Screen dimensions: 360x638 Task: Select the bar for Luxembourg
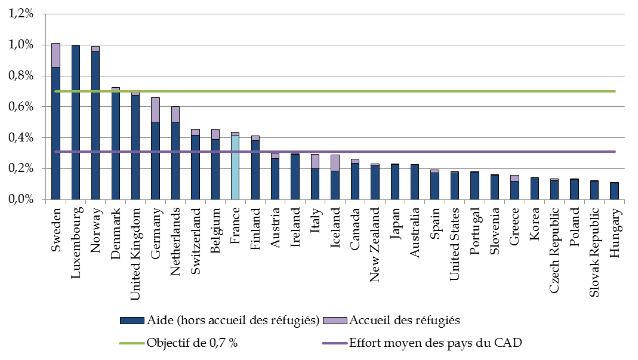(76, 122)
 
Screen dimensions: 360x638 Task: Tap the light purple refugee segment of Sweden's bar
(56, 55)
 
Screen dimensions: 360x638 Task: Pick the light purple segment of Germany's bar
(155, 110)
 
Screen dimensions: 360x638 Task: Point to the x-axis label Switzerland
(195, 241)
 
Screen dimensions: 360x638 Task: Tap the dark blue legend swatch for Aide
(131, 321)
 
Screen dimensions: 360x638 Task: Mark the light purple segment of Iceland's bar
(335, 163)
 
